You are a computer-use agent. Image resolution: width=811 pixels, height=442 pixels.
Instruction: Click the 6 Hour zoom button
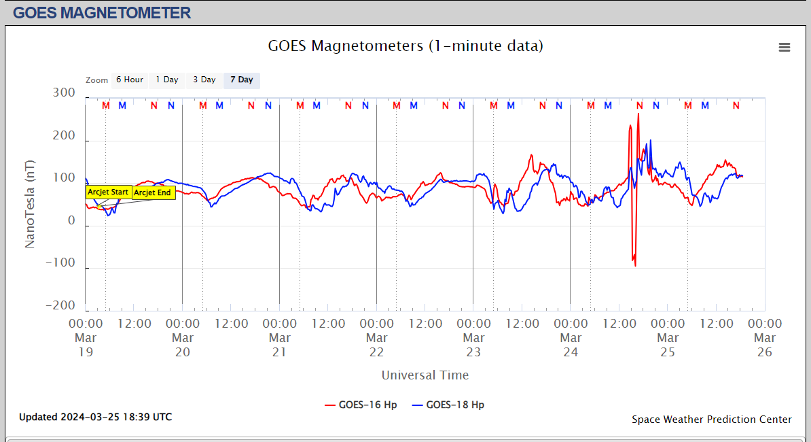129,80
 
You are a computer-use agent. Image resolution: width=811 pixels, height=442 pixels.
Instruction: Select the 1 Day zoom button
166,80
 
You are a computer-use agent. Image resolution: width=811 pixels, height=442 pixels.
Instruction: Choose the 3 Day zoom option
204,80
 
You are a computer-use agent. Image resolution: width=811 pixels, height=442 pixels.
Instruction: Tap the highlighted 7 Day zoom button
241,80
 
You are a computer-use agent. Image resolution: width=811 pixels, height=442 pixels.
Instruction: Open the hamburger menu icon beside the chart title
785,47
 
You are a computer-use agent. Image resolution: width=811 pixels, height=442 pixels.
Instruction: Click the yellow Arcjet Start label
108,192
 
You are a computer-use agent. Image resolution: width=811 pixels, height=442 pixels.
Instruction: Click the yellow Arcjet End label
152,192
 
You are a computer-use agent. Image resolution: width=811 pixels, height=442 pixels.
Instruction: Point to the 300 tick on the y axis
64,93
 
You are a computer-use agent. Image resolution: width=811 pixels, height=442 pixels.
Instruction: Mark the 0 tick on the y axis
71,221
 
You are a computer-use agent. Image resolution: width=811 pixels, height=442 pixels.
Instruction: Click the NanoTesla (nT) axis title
31,204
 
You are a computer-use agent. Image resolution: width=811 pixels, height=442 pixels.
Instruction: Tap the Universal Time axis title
425,375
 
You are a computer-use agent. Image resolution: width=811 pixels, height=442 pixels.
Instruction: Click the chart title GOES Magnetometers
405,46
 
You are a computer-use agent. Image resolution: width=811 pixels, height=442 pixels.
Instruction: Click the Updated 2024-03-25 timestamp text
95,417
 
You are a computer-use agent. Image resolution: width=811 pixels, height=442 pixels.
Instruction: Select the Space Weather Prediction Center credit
711,420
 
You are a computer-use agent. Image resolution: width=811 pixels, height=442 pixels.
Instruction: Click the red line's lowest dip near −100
635,265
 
